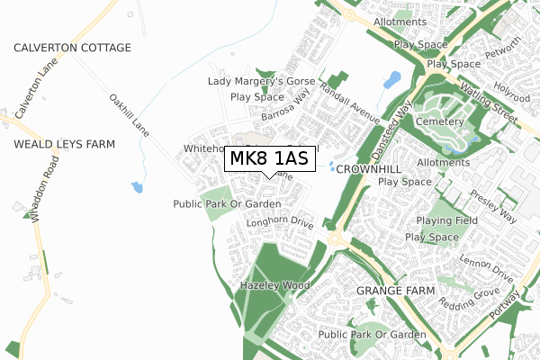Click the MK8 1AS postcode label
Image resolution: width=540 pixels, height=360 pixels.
(x=269, y=158)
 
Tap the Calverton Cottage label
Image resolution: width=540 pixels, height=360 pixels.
(x=72, y=48)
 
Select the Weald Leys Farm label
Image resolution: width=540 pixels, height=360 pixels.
(x=64, y=144)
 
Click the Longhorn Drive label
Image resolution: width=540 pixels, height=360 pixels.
(x=278, y=220)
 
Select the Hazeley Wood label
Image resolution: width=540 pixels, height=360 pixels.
(x=274, y=285)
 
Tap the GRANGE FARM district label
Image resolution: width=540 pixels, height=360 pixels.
(x=395, y=292)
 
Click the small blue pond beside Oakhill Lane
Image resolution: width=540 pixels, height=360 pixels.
(x=137, y=187)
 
